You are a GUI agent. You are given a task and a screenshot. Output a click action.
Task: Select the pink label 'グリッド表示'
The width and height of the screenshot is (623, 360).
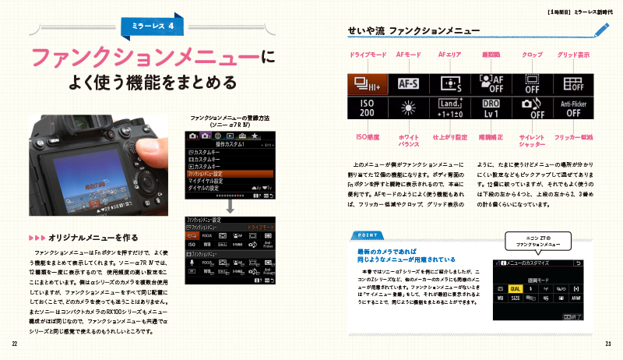[573, 55]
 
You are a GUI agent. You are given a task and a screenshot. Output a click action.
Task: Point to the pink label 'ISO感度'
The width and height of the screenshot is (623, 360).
[367, 137]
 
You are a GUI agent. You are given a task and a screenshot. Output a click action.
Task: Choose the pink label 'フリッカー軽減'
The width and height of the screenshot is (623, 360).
[573, 137]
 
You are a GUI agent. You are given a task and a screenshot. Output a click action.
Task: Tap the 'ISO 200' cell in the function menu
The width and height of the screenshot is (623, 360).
[367, 108]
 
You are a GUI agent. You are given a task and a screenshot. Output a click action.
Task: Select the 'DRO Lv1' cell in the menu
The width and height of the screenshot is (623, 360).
[491, 108]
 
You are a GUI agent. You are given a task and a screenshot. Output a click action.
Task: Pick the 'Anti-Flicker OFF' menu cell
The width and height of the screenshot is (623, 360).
[573, 108]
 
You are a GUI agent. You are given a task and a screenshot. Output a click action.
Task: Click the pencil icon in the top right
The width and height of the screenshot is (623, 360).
[600, 30]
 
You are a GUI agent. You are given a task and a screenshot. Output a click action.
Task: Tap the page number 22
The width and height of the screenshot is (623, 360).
[15, 344]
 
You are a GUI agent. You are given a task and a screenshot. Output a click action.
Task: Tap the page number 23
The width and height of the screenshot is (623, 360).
[607, 344]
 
